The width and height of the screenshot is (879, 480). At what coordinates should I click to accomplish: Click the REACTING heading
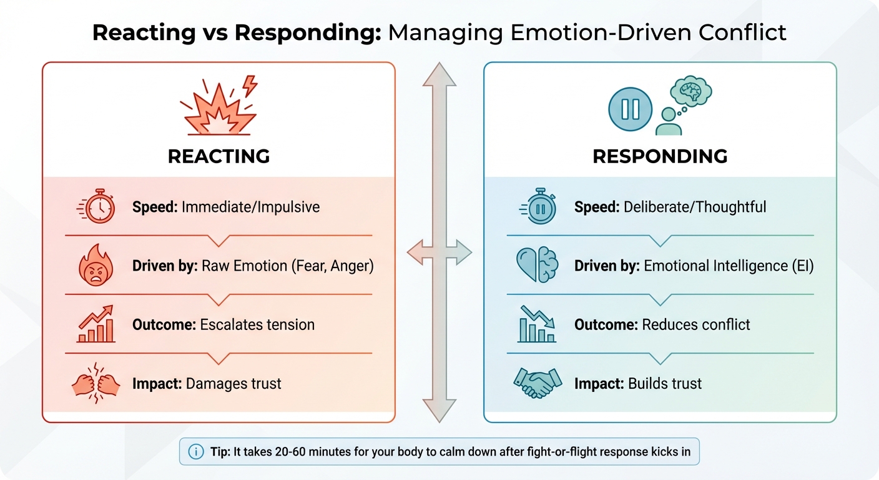[219, 156]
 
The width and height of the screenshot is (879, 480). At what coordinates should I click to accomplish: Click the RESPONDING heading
[660, 156]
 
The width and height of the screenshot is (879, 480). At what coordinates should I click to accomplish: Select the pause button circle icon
[630, 109]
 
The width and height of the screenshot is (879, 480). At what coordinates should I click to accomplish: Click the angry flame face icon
[97, 266]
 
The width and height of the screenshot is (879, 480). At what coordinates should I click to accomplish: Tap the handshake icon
[536, 382]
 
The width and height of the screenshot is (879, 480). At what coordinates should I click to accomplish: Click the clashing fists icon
[96, 382]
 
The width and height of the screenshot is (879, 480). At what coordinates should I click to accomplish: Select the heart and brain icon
[536, 266]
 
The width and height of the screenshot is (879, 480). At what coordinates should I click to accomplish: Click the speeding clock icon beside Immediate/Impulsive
[97, 207]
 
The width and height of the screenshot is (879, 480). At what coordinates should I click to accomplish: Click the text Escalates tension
[257, 324]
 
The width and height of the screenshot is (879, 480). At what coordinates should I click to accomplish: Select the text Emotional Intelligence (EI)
[729, 266]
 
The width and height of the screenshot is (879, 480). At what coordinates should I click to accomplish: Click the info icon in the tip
[195, 452]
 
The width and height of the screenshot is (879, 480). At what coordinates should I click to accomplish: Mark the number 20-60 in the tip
[300, 452]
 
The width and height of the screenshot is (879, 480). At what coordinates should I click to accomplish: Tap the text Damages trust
[233, 383]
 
